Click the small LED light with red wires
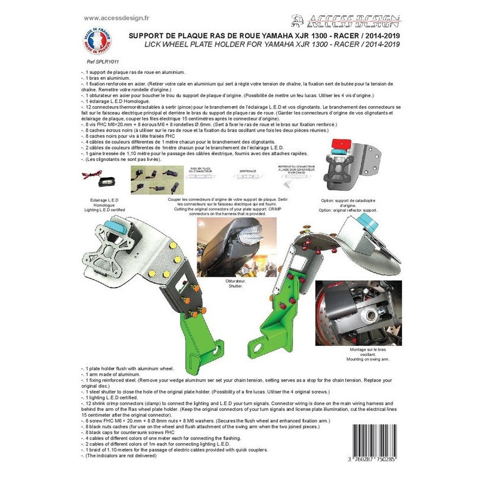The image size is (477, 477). (99, 177)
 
